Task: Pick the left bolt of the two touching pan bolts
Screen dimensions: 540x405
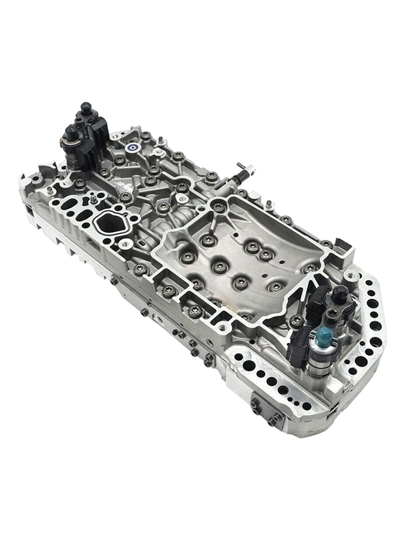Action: (252, 247)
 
